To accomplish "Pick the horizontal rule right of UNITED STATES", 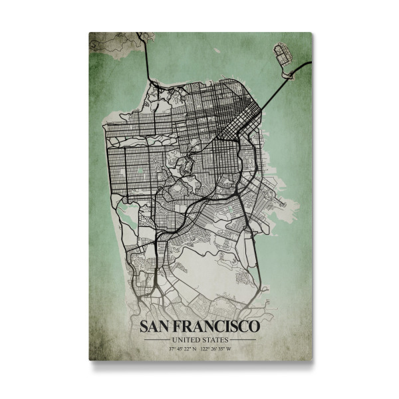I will click(x=243, y=339).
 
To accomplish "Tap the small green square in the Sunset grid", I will click(x=142, y=170).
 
